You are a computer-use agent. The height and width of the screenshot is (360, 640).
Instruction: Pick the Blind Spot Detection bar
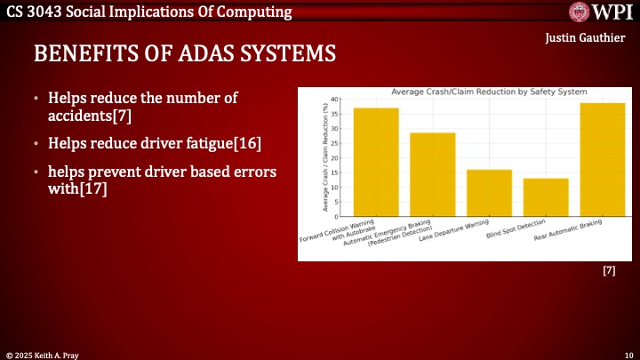pos(546,197)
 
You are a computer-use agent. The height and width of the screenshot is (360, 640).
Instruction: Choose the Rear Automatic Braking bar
pos(602,159)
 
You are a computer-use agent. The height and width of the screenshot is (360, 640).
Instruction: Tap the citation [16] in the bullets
pos(247,142)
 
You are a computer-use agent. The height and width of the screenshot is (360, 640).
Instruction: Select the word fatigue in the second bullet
pos(201,142)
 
